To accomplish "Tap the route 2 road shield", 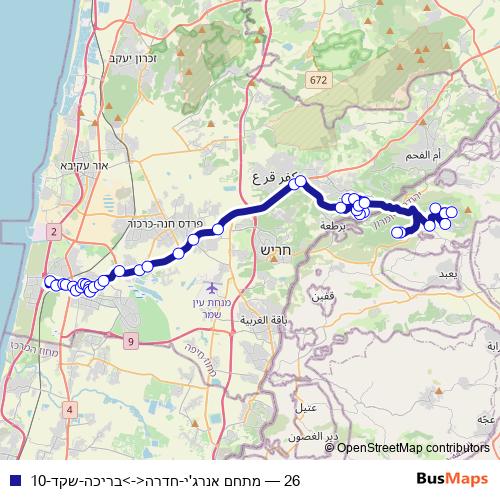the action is click(52, 231).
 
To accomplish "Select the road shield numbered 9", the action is click(131, 342).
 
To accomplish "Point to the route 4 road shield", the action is click(69, 409).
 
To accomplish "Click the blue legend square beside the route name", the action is click(12, 481).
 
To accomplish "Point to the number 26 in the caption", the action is click(292, 481).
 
